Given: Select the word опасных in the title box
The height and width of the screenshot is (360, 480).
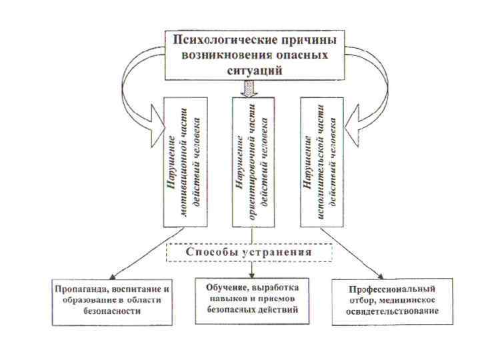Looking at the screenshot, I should pos(305,55).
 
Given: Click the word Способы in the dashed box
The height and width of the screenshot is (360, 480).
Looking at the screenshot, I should pos(211,253).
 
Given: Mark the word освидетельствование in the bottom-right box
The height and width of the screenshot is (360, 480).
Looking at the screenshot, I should pos(393,311).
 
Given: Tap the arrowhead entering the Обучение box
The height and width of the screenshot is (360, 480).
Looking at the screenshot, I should pos(252,275).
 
